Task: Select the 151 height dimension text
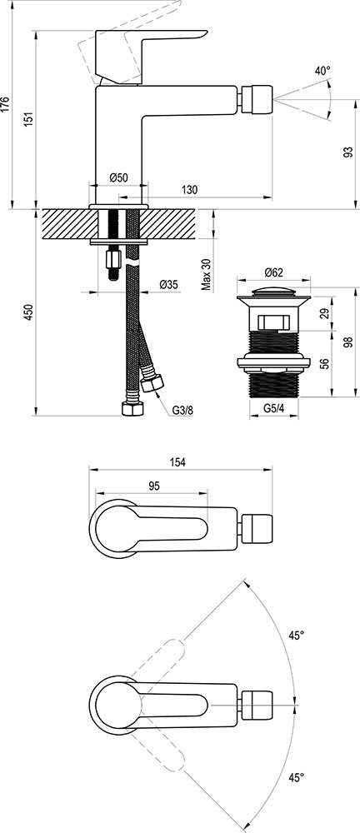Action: click(30, 118)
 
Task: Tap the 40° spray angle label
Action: click(322, 71)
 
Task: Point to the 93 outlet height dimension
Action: click(348, 152)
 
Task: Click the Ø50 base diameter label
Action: click(118, 178)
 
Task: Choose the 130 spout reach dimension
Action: click(189, 190)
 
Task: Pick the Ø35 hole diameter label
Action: click(168, 285)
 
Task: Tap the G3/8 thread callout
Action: click(182, 410)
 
